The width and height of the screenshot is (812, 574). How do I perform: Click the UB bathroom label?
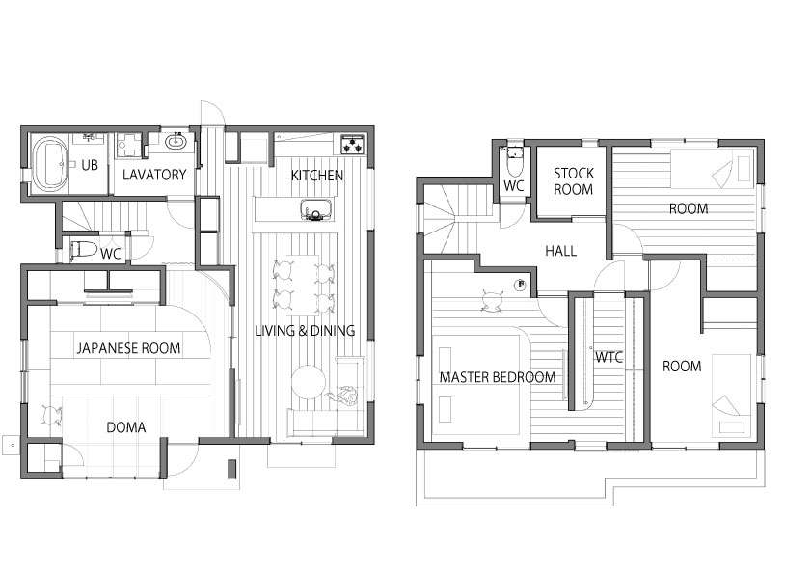(x=90, y=165)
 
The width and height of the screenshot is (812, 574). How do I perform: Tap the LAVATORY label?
(x=154, y=175)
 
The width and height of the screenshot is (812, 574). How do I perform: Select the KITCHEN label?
(x=317, y=176)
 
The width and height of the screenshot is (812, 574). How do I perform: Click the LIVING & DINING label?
(x=305, y=331)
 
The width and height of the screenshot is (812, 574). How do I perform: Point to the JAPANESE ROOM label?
(x=129, y=348)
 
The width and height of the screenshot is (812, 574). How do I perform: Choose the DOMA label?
(x=125, y=427)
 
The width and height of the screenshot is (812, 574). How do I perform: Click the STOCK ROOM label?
(x=573, y=181)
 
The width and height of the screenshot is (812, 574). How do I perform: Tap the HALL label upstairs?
(x=561, y=251)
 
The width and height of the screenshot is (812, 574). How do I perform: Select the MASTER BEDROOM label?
(x=498, y=377)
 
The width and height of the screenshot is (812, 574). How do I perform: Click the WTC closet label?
(x=609, y=357)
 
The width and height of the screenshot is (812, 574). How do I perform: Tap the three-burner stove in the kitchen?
(x=353, y=145)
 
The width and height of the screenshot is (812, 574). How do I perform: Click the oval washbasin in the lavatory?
(x=177, y=141)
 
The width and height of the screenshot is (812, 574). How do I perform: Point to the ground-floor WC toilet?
(x=83, y=250)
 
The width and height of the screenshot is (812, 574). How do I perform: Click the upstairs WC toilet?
(x=514, y=161)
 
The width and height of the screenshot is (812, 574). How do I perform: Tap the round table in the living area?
(x=309, y=382)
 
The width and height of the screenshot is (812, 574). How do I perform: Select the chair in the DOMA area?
(x=51, y=415)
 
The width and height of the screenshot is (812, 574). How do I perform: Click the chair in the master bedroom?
(x=493, y=301)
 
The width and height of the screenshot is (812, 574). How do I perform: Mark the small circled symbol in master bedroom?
(x=521, y=284)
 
